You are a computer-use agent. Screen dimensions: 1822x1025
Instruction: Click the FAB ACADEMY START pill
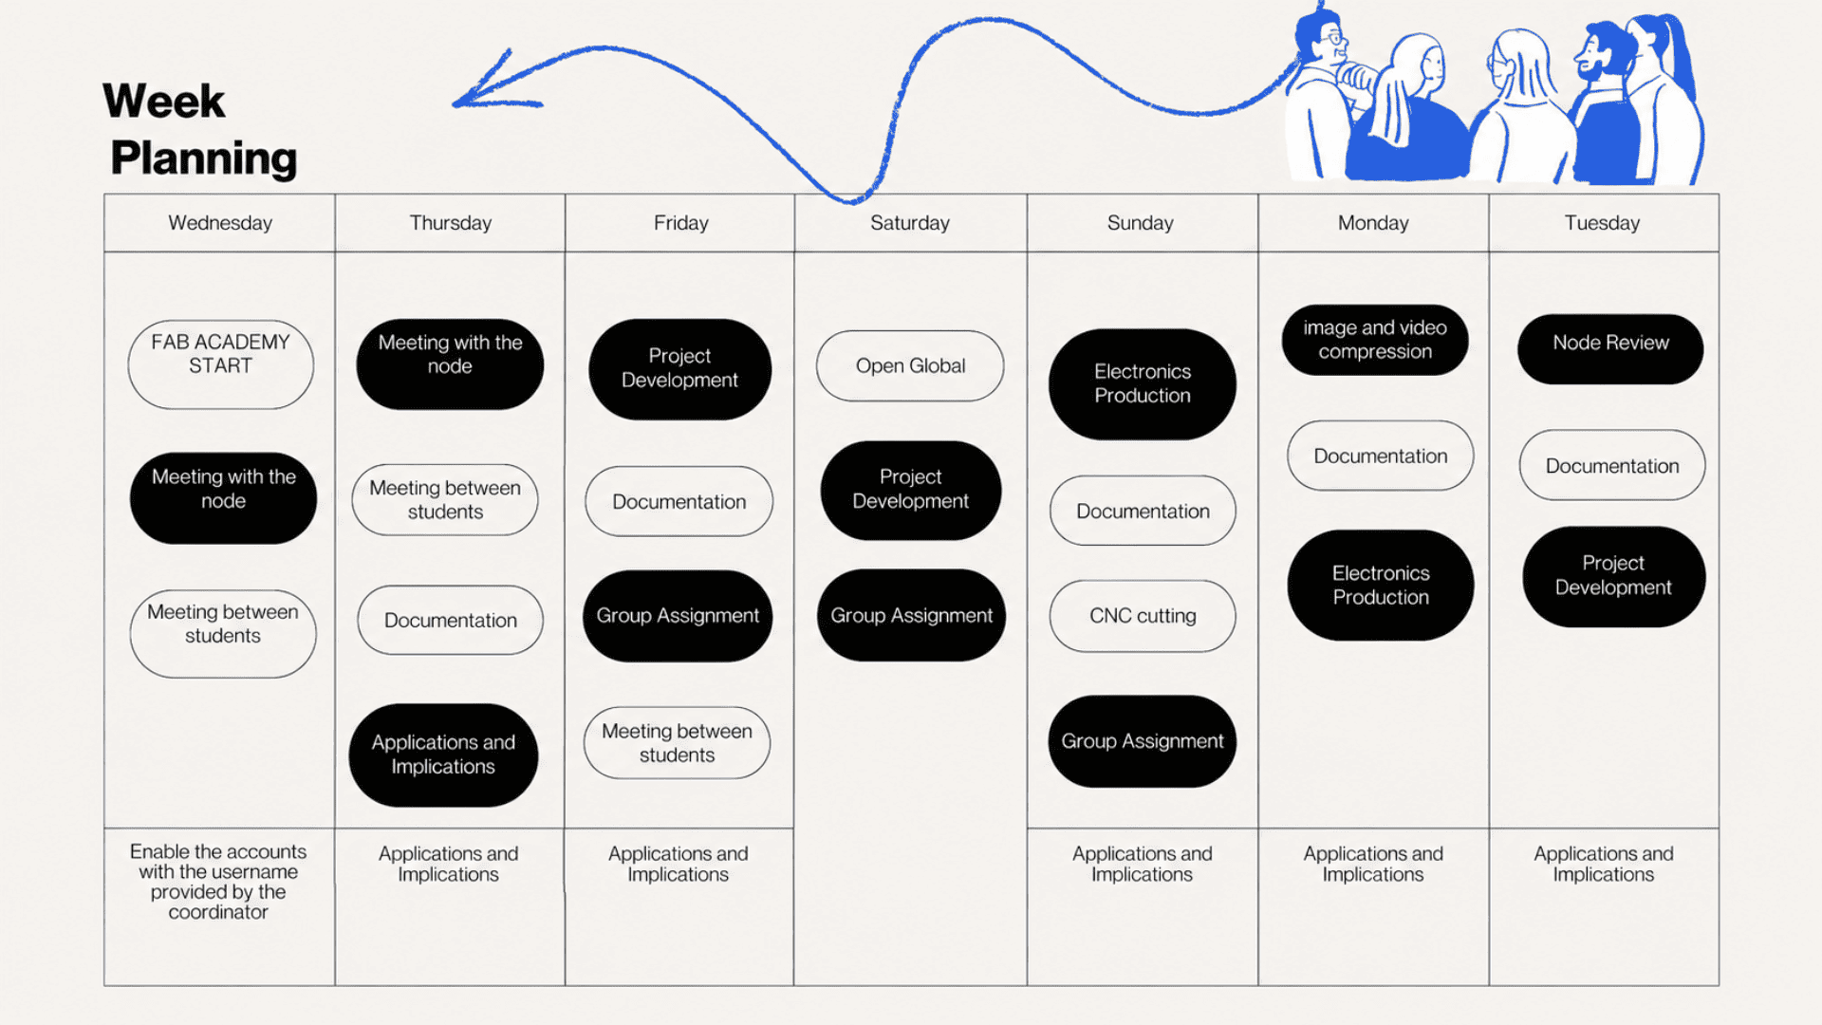[220, 364]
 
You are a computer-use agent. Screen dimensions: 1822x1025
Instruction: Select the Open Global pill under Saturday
[910, 365]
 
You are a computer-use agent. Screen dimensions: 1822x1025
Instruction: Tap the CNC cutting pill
[1143, 616]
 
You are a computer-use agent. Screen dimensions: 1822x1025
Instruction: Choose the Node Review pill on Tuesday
[1610, 349]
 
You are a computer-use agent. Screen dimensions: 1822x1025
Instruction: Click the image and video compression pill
[1375, 340]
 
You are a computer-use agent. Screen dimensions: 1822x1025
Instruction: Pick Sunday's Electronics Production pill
[1143, 384]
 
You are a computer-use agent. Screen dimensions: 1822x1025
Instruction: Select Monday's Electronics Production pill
[1381, 586]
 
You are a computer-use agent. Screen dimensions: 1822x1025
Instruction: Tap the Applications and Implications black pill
[443, 755]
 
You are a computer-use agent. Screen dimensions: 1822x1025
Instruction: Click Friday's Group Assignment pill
[678, 616]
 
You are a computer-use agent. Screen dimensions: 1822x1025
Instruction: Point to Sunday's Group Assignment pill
[1143, 741]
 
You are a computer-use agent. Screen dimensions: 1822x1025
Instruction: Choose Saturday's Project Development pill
[911, 491]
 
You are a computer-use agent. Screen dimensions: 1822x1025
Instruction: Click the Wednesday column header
[220, 223]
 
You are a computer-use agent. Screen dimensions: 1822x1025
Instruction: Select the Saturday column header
[910, 223]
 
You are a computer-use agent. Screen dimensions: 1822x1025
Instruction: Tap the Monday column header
[1373, 223]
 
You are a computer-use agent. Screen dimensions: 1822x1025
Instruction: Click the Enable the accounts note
[218, 882]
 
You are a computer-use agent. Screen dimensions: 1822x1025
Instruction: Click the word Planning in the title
[204, 158]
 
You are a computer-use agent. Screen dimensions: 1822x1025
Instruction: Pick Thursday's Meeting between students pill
[445, 500]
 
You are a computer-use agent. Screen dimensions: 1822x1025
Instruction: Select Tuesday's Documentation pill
[1612, 466]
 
